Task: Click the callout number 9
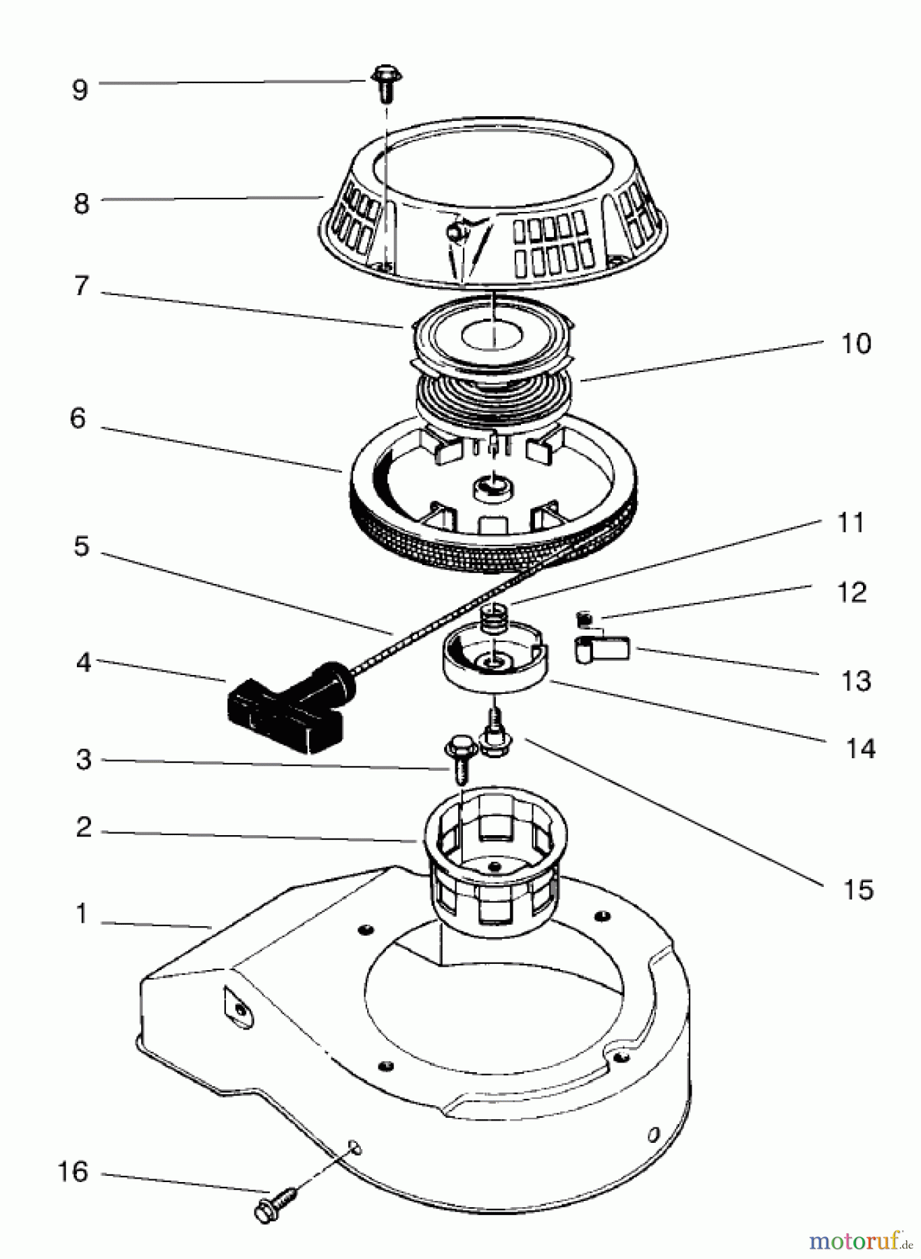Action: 80,90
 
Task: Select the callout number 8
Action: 81,204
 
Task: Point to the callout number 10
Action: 857,343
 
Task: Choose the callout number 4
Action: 84,662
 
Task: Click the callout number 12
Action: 852,592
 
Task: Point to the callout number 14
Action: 860,748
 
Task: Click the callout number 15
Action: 859,890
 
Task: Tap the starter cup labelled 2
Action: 494,857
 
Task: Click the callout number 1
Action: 83,913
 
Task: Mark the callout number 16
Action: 73,1172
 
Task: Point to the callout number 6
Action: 78,418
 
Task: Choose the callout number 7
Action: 82,285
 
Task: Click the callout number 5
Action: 82,546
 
